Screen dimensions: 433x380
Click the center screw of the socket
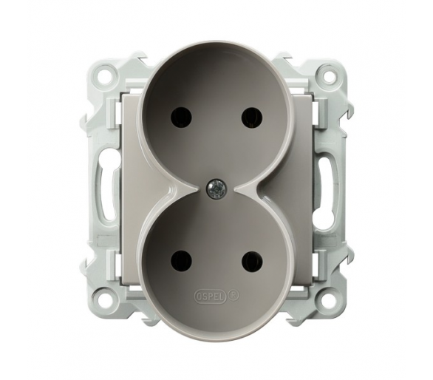[x=216, y=189]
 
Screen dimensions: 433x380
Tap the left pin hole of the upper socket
[x=181, y=117]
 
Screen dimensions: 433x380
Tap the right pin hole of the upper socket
[x=252, y=117]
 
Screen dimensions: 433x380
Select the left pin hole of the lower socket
[x=181, y=262]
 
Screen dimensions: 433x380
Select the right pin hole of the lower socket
[x=252, y=262]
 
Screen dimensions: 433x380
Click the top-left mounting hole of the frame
[x=105, y=73]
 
